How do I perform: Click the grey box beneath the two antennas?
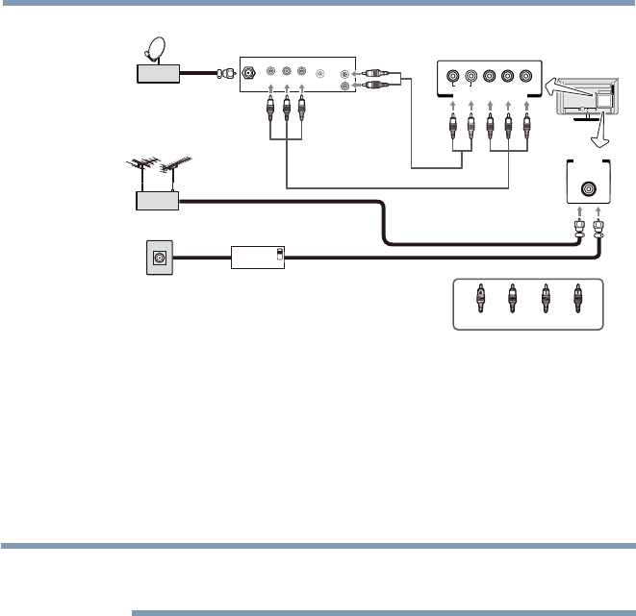tap(159, 201)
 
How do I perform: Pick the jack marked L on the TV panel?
tap(451, 77)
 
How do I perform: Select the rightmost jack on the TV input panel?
tap(525, 77)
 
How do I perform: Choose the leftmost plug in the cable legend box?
tap(479, 299)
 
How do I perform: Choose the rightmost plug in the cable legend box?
tap(577, 299)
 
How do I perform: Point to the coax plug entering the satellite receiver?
tap(228, 71)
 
